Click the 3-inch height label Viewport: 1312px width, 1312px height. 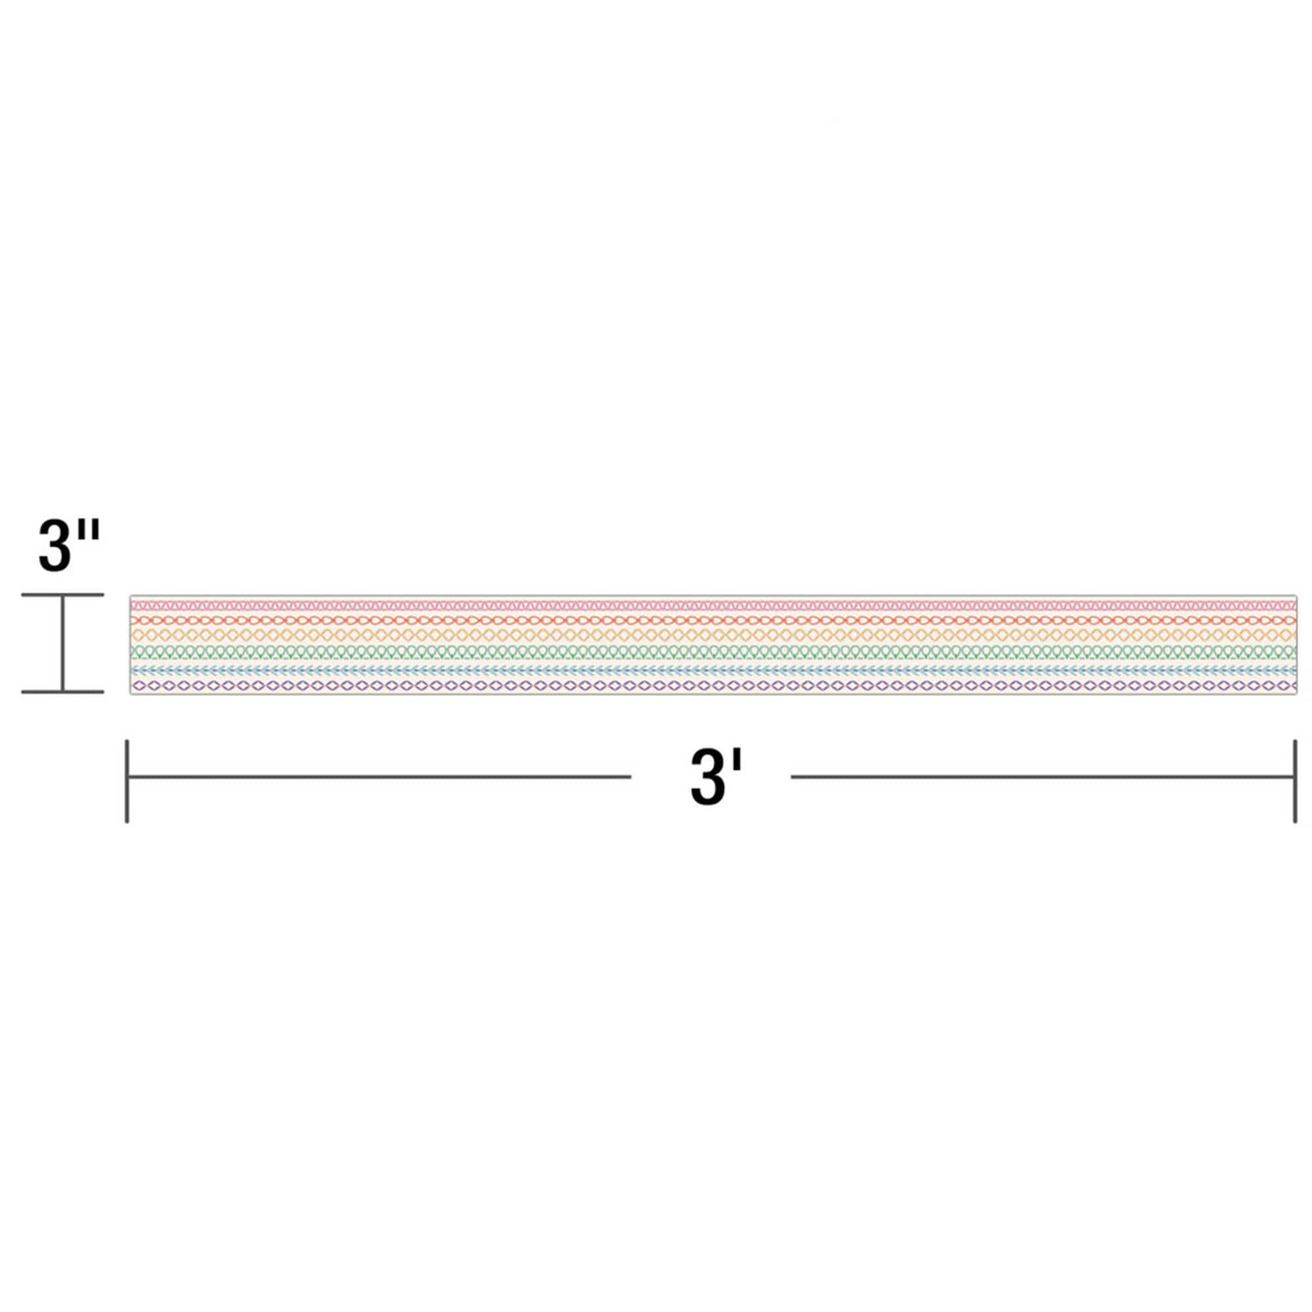click(x=69, y=545)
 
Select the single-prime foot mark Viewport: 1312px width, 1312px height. click(x=737, y=761)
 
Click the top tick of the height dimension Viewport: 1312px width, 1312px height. click(x=62, y=595)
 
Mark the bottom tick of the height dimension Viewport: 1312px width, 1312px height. click(x=62, y=691)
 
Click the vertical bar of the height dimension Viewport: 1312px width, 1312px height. click(x=62, y=643)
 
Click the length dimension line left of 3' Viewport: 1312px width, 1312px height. click(x=380, y=777)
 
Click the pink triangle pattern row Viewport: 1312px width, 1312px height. click(x=713, y=604)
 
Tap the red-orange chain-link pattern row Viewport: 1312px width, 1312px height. click(x=713, y=620)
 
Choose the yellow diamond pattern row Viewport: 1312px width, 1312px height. click(x=713, y=635)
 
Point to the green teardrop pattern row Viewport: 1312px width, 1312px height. click(x=713, y=652)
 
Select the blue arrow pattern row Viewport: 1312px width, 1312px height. click(x=713, y=670)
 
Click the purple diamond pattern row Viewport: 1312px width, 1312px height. click(x=713, y=686)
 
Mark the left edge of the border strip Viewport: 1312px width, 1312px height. click(x=131, y=644)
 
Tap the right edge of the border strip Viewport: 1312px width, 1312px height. click(x=1296, y=644)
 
